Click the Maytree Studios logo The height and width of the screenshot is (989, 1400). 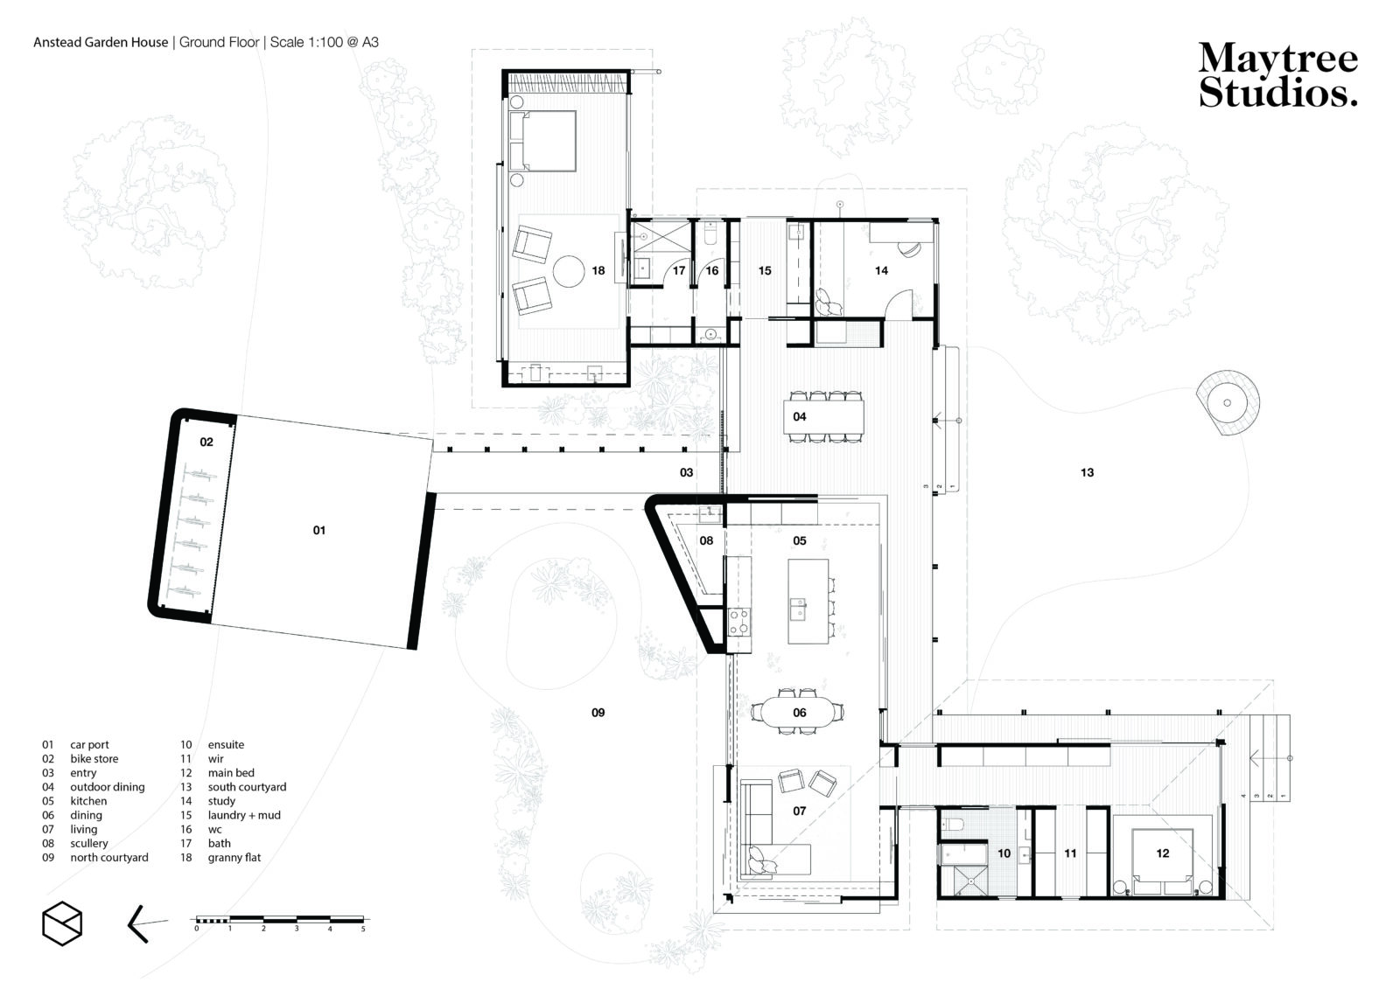(1277, 75)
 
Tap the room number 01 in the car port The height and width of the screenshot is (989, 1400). (318, 531)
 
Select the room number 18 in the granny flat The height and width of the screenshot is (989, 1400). (598, 270)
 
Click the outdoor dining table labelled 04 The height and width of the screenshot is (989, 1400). (823, 417)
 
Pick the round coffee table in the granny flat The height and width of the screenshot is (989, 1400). (569, 271)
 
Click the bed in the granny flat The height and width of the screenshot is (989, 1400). (542, 141)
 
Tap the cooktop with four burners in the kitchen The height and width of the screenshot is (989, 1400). (738, 623)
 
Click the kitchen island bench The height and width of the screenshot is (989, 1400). (808, 601)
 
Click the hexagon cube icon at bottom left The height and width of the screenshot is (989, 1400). (62, 923)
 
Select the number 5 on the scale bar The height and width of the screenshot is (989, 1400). (363, 929)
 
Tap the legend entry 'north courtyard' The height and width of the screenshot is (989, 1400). (109, 858)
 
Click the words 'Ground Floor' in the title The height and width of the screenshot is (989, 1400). (219, 43)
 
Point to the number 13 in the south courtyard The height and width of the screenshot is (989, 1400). (1087, 473)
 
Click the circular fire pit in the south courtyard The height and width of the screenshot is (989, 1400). (1228, 403)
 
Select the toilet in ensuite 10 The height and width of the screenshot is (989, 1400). (953, 824)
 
